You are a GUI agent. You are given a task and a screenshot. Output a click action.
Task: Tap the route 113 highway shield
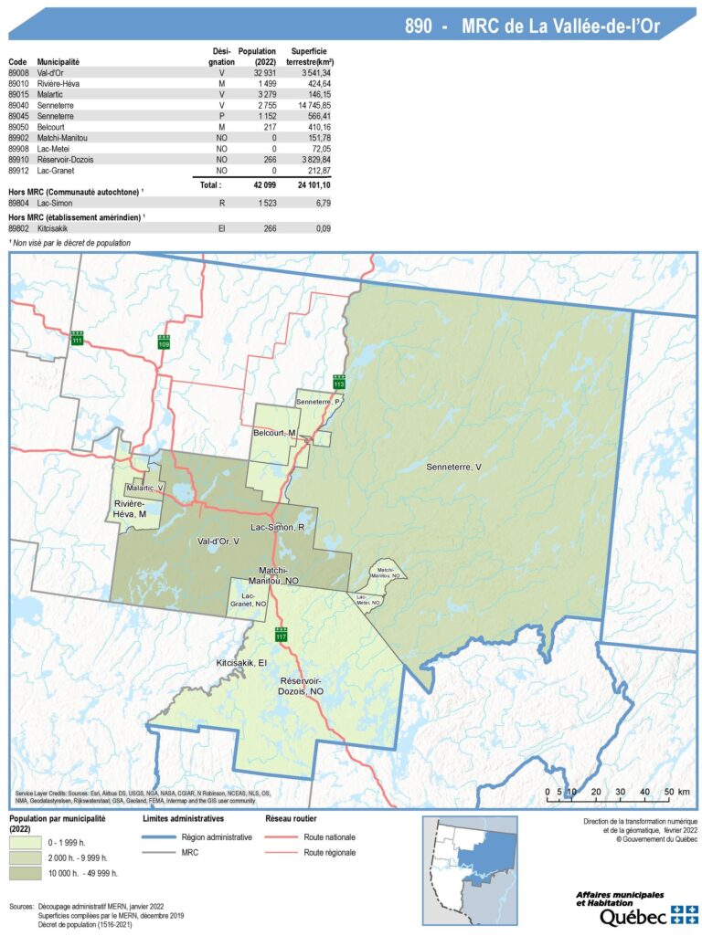point(338,382)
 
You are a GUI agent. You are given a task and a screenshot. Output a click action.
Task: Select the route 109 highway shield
point(164,342)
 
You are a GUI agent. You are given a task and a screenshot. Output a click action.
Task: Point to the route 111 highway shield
point(77,337)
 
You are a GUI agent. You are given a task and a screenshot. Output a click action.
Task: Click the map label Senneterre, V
point(453,468)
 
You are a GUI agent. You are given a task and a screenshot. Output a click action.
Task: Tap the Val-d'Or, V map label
point(218,541)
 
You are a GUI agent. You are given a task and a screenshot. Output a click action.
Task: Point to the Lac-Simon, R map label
point(278,529)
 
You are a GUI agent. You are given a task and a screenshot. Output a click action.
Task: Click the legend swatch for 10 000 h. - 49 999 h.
point(27,858)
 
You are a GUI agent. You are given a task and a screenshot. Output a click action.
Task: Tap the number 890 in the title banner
point(419,26)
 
